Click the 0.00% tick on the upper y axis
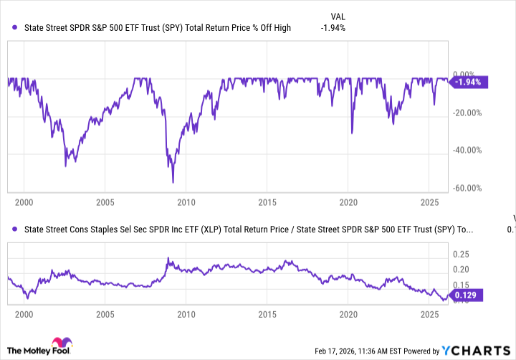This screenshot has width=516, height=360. coord(466,74)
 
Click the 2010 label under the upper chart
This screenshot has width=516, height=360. coord(186,202)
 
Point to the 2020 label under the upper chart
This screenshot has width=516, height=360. coord(348,202)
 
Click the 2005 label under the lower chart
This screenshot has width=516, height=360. coord(105,314)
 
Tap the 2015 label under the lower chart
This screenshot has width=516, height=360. coord(267,314)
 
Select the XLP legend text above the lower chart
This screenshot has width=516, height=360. coord(248,229)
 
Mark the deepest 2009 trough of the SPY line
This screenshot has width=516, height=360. coord(172,182)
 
